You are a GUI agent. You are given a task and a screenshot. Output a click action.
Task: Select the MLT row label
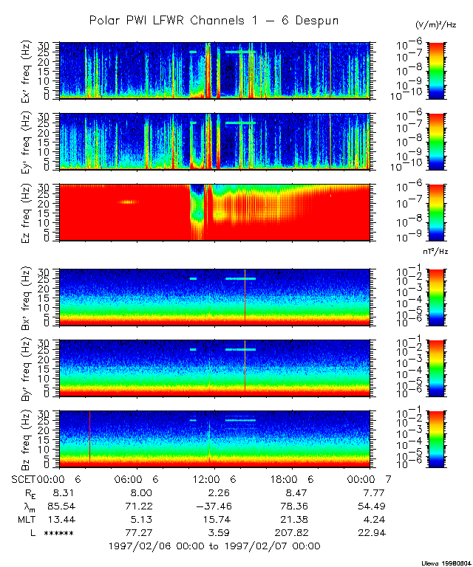click(26, 519)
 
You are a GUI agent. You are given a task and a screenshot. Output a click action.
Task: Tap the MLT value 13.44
click(58, 519)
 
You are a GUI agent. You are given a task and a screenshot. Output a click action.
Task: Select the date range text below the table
click(214, 546)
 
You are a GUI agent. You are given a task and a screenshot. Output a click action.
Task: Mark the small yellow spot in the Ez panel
click(128, 202)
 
